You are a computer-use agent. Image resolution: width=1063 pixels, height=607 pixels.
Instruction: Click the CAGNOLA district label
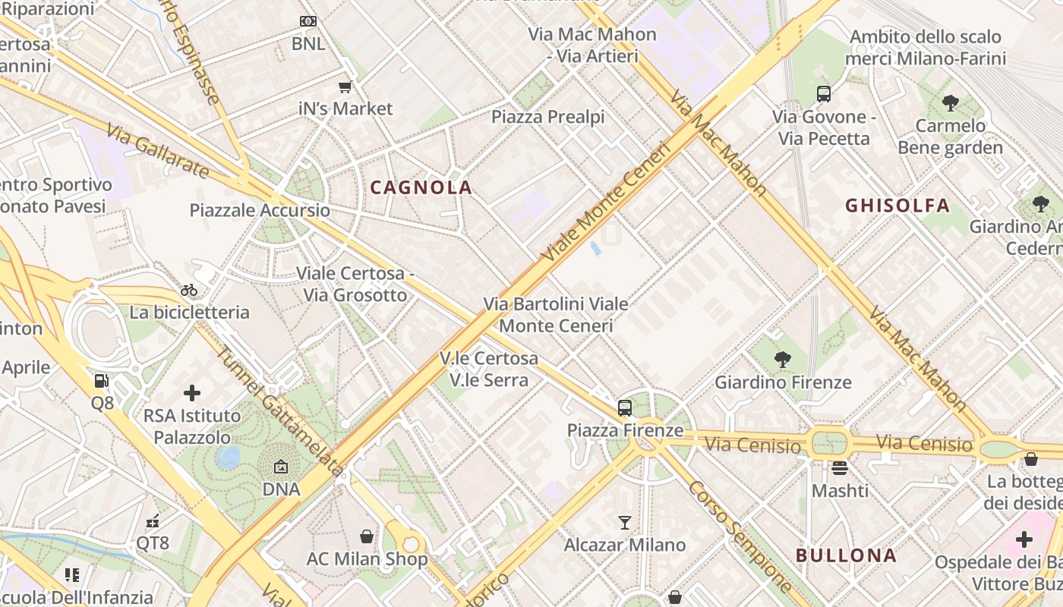421,187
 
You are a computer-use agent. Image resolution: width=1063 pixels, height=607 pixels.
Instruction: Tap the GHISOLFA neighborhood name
897,206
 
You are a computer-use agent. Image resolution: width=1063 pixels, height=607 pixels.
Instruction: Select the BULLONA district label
846,555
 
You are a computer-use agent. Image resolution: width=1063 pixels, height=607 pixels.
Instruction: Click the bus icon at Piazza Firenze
624,408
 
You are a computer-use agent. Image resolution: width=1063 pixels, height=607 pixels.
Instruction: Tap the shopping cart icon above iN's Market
345,86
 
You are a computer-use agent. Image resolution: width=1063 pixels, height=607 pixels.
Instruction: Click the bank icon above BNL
308,21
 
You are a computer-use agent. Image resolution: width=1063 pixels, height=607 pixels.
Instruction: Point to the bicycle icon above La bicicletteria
189,290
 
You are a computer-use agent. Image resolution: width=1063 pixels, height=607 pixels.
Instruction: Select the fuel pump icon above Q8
102,381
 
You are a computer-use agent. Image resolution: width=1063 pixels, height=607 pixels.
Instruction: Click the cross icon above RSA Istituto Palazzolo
192,393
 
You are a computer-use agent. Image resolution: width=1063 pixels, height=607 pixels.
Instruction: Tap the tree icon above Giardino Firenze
782,360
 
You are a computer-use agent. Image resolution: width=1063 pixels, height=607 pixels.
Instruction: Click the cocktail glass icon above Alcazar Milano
624,522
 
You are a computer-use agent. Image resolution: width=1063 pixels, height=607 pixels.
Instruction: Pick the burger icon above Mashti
839,468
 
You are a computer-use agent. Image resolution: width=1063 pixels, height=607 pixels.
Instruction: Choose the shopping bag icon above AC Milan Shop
367,536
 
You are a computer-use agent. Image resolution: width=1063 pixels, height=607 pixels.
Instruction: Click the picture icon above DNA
281,467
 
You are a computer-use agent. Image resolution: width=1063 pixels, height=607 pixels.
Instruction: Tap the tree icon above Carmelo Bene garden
949,103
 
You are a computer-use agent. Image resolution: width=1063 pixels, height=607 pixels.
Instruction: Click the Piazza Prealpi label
547,117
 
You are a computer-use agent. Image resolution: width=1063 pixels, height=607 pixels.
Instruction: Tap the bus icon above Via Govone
824,94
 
